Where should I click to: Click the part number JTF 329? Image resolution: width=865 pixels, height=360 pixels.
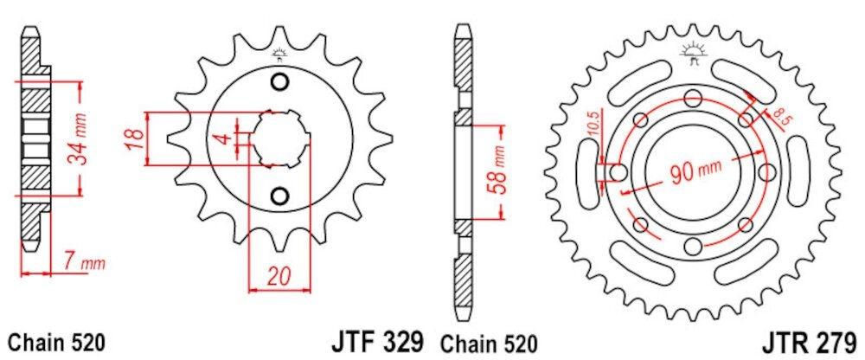[377, 340]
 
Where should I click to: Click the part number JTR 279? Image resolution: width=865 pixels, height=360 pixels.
[811, 340]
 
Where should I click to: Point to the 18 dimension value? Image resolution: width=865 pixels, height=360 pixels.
[134, 138]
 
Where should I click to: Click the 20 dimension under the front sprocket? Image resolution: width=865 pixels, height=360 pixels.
[277, 276]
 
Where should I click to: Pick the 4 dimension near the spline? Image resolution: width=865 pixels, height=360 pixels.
[221, 138]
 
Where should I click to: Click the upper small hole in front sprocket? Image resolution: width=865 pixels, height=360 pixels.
[279, 82]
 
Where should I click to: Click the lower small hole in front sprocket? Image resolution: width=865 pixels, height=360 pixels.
[279, 196]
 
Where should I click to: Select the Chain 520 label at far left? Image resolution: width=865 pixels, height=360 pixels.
[57, 342]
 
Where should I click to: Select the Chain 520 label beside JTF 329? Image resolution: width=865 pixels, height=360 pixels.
[490, 342]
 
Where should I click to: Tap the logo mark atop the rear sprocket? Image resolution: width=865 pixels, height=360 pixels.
[692, 51]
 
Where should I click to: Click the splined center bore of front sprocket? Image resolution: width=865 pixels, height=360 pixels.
[279, 138]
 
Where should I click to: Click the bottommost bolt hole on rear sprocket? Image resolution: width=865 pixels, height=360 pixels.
[692, 248]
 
